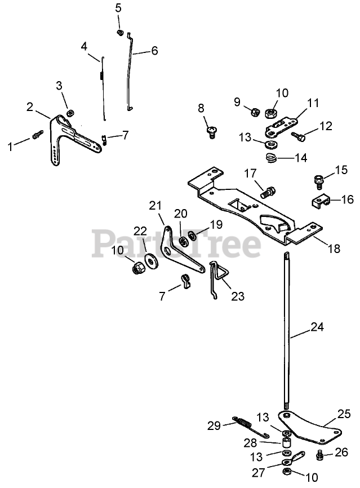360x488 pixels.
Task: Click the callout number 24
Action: [x=318, y=325]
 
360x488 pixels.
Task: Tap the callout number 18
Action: [x=334, y=249]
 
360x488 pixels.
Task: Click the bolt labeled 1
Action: [x=38, y=136]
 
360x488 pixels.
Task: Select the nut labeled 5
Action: [x=119, y=32]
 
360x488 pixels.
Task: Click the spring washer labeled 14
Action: [x=271, y=158]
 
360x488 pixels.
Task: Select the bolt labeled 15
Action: [x=318, y=181]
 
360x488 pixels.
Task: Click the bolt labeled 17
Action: [x=269, y=191]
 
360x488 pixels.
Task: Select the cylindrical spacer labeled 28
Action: [x=286, y=443]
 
